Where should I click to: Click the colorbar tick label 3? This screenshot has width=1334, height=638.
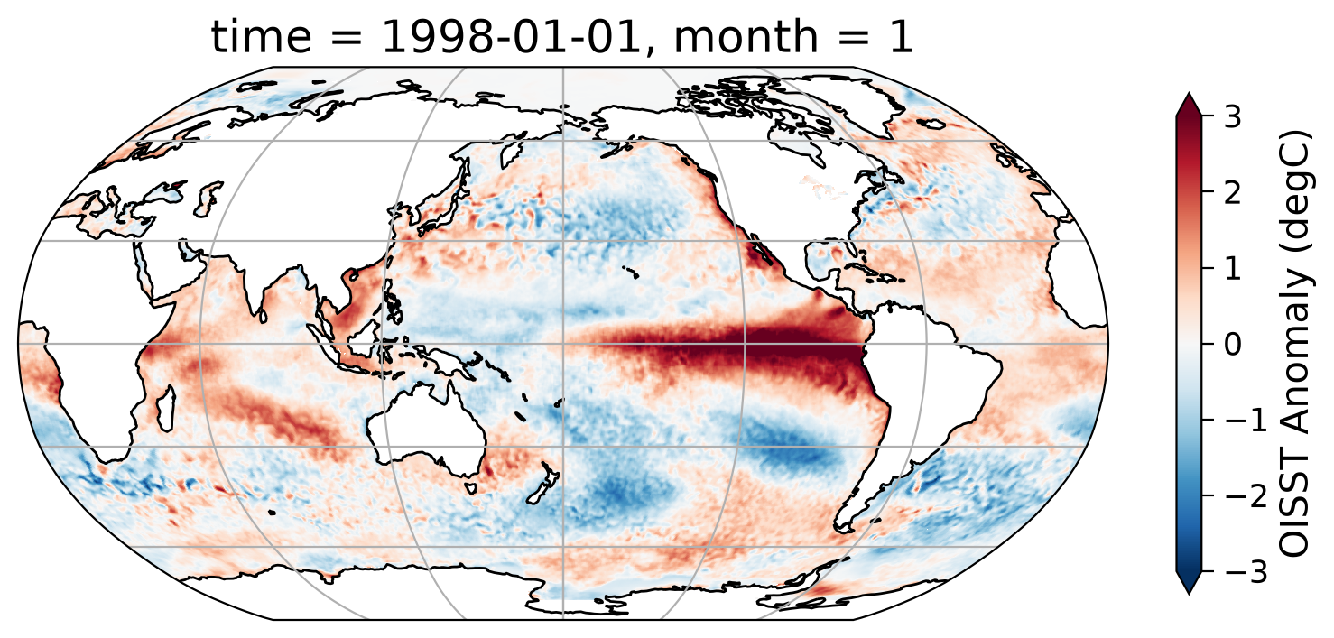pos(1232,116)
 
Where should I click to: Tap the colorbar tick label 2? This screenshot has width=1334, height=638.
pos(1232,192)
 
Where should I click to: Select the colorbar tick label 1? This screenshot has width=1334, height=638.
pos(1232,268)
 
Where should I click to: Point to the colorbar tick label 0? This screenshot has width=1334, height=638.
pos(1232,344)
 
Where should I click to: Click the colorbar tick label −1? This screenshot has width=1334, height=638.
pos(1242,421)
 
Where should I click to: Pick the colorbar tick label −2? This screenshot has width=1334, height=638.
pos(1242,495)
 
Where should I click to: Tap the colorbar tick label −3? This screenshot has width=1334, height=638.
pos(1242,572)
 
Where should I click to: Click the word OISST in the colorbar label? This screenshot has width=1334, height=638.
pos(1294,508)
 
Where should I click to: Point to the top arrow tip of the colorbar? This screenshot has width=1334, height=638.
pos(1189,93)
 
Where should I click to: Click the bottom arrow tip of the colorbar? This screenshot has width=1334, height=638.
pos(1189,594)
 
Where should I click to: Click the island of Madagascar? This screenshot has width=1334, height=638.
pos(166,410)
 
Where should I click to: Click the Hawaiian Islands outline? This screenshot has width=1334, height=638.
pos(630,272)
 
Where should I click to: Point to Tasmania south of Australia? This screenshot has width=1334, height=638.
pos(471,488)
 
